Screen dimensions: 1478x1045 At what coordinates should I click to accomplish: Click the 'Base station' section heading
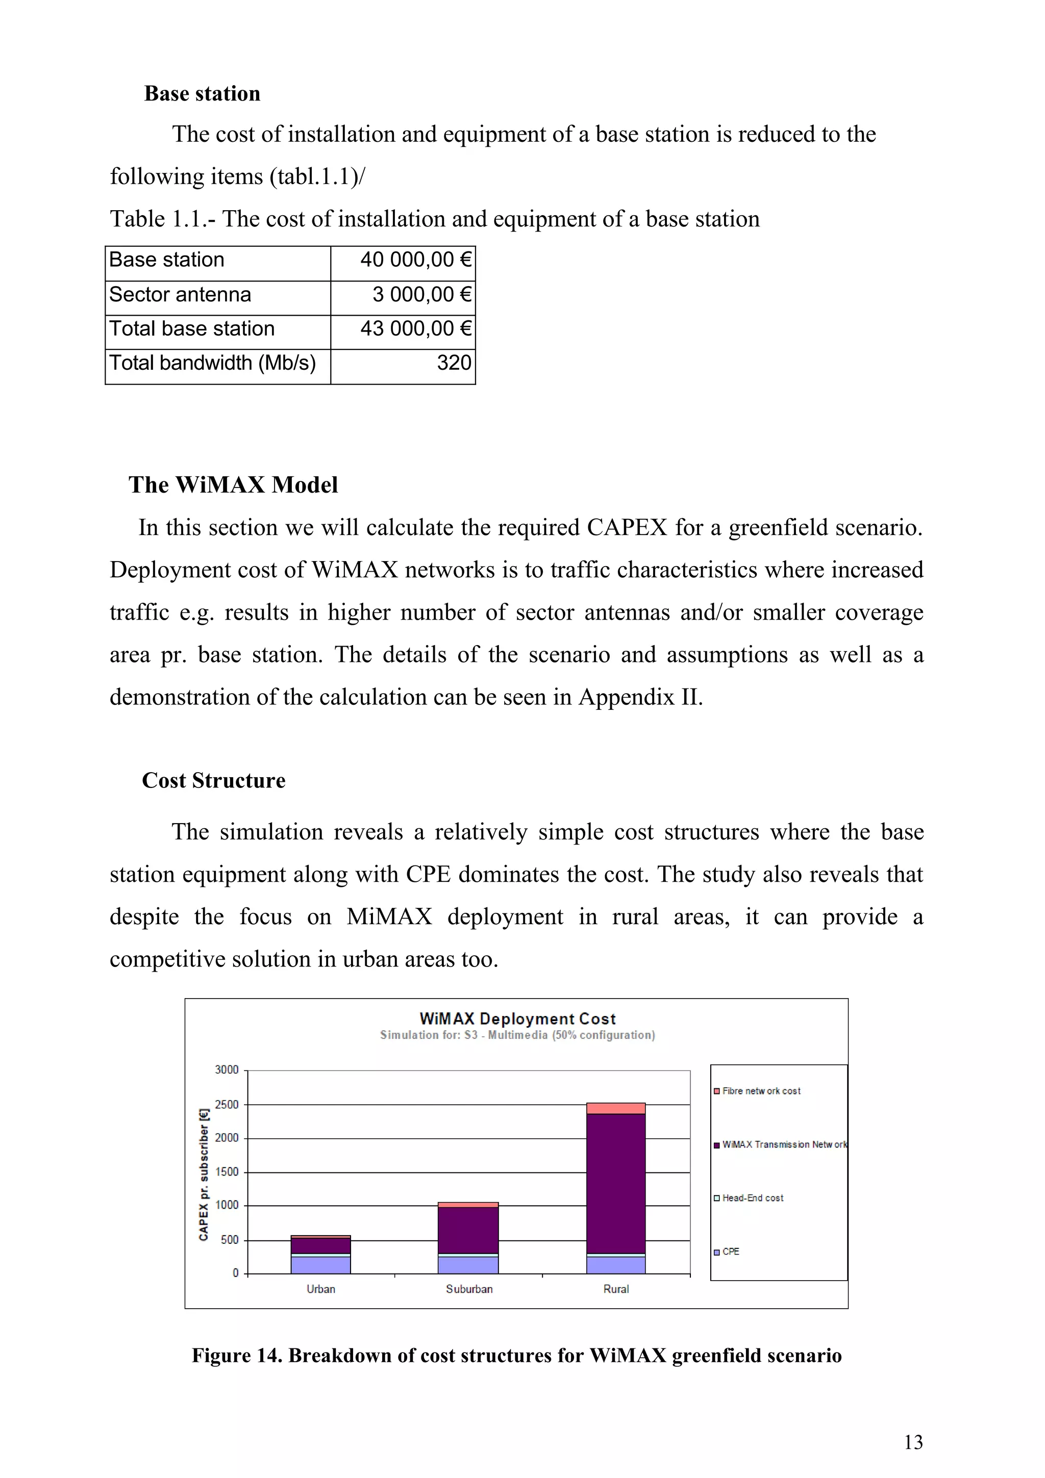pos(202,94)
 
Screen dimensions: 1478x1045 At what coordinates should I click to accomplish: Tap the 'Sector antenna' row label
pos(180,295)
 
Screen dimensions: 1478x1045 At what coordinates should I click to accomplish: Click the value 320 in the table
pos(454,363)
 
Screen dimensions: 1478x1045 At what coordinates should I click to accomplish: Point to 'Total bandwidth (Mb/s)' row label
pos(212,363)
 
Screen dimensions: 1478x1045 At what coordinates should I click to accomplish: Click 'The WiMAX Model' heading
pos(233,486)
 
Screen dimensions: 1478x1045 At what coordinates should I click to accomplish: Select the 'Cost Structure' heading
pos(213,781)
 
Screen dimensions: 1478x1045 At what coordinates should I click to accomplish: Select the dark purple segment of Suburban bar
pos(468,1230)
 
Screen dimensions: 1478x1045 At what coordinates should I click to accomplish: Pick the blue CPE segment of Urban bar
pos(320,1265)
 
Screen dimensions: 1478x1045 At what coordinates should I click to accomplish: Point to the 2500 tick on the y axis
pos(227,1105)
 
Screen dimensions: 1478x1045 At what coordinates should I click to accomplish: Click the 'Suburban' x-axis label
pos(469,1289)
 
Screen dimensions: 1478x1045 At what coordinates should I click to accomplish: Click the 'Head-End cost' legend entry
pos(752,1198)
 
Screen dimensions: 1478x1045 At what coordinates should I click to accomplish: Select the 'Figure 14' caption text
pos(516,1356)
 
